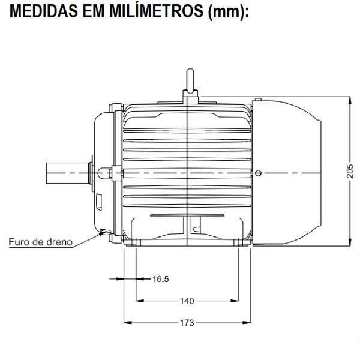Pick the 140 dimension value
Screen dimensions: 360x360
point(187,301)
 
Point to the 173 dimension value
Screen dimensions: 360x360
point(187,323)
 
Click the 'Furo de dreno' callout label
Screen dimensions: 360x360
point(40,243)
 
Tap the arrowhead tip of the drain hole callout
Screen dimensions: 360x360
point(103,233)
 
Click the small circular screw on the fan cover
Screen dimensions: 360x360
point(258,173)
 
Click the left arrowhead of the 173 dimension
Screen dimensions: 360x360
point(125,323)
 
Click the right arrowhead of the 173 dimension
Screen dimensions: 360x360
point(250,323)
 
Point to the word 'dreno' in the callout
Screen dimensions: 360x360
point(61,243)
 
